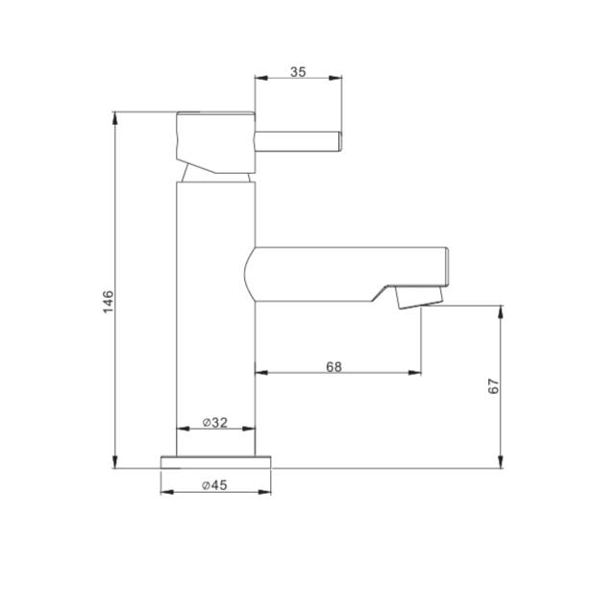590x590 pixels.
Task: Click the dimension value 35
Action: (x=298, y=71)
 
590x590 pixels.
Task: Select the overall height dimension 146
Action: (x=108, y=302)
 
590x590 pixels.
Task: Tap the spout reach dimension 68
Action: (x=333, y=366)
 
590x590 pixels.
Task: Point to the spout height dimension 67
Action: (x=493, y=386)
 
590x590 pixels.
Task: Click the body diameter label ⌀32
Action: (x=215, y=423)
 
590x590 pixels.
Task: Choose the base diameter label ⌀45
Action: (x=215, y=485)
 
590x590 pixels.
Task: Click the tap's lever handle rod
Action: (x=299, y=141)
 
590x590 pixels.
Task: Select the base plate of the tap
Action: (x=215, y=462)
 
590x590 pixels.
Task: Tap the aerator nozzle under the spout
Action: (x=419, y=297)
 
